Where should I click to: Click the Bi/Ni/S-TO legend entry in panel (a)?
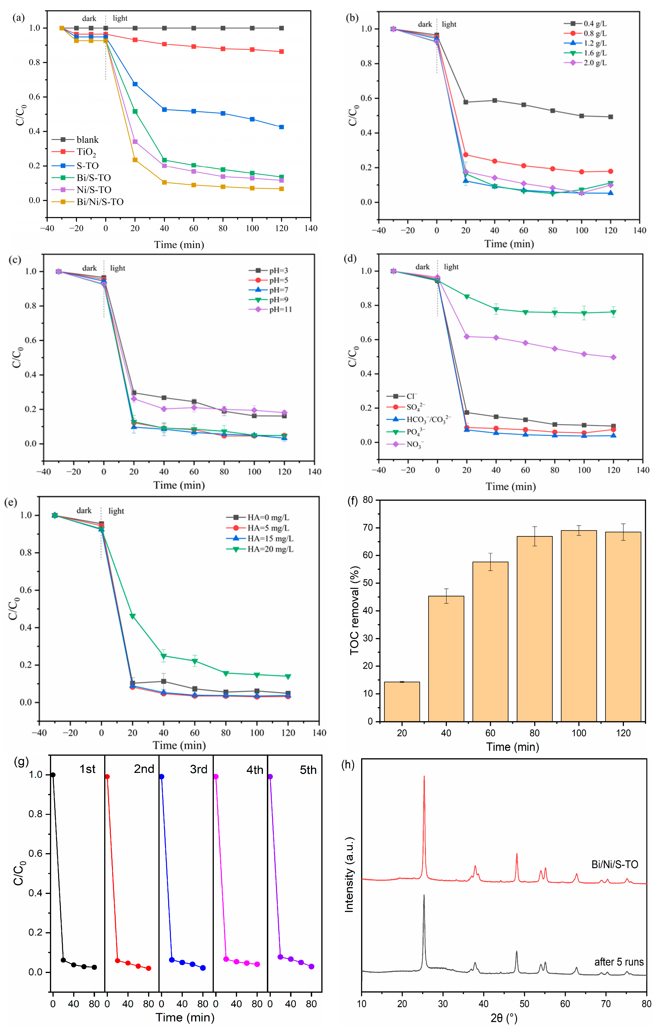pos(99,202)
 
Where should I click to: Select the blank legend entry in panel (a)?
pos(87,140)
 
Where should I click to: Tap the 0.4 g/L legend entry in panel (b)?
pos(595,24)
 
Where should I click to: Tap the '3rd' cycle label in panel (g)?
pos(198,769)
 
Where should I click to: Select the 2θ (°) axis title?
pos(504,1018)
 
